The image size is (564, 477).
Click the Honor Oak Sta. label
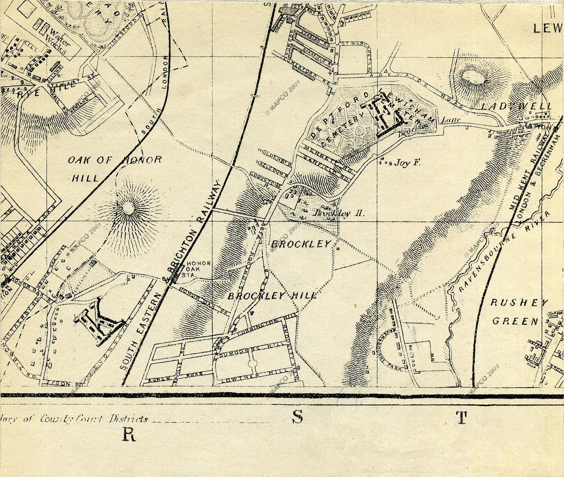196,269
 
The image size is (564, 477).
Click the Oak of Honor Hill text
114,168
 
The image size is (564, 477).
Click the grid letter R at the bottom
129,435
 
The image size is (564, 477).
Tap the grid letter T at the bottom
461,418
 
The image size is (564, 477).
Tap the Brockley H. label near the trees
338,213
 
